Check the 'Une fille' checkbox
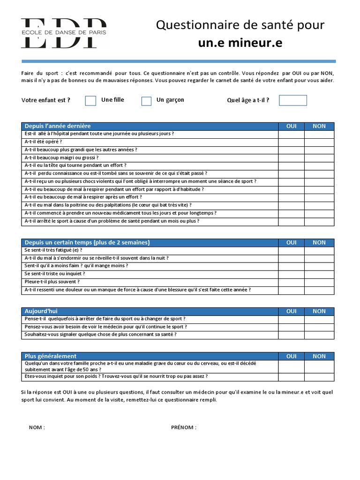pos(90,101)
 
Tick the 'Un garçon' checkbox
pos(146,101)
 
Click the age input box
pos(293,100)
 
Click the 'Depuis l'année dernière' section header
pos(58,126)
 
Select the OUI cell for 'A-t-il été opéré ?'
pos(291,142)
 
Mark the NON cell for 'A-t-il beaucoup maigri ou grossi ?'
pos(319,157)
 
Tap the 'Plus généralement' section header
pos(50,356)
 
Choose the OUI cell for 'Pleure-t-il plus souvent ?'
pos(291,282)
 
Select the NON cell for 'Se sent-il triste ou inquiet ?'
pos(319,274)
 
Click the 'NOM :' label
pos(37,427)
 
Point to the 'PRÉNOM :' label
pos(184,427)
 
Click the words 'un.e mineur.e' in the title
pos(240,43)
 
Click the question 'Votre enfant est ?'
pos(46,100)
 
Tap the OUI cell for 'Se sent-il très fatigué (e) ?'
pos(291,250)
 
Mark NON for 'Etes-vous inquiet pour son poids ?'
pos(319,376)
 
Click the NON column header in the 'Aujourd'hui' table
pos(319,311)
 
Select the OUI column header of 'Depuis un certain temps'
pos(291,242)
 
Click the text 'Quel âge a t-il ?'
pos(248,100)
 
